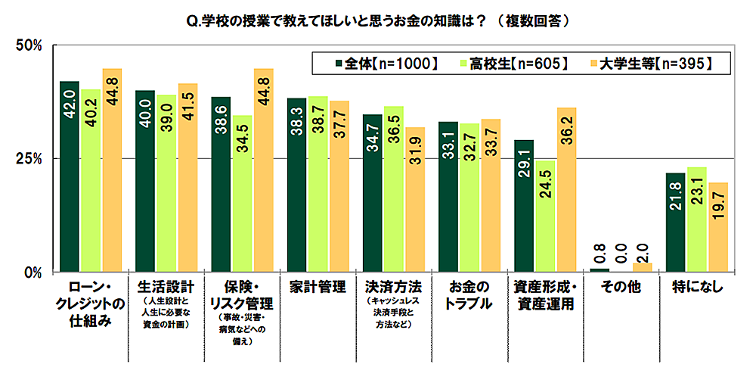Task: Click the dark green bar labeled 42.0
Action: point(70,176)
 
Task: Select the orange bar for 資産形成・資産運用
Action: point(566,189)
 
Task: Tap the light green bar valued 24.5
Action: point(545,216)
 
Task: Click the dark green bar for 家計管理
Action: point(296,185)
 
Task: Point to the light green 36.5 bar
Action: point(393,188)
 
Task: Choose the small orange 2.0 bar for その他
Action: point(642,266)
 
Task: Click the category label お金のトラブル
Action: point(469,295)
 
